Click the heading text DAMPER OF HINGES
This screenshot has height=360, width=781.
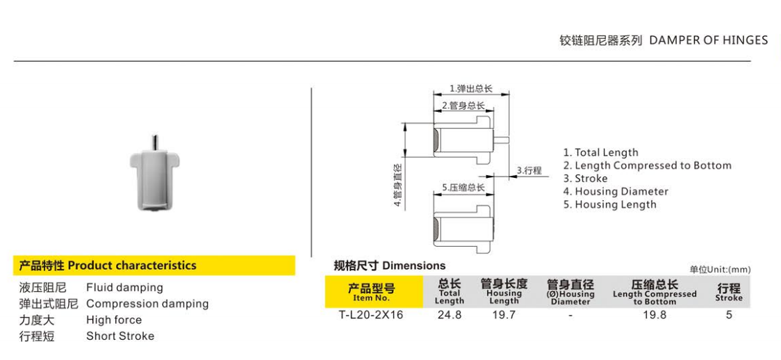coord(708,40)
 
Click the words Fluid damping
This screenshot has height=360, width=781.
coord(124,288)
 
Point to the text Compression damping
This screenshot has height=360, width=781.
coord(147,304)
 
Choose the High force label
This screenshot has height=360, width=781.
coord(114,320)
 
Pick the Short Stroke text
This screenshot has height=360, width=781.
coord(120,336)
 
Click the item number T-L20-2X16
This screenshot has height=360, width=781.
coord(371,315)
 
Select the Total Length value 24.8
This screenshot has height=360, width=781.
coord(450,315)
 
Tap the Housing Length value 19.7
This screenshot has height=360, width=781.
coord(504,315)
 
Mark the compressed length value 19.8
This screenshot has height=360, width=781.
coord(654,315)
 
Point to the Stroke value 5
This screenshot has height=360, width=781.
coord(729,315)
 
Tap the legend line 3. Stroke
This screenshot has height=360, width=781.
coord(585,179)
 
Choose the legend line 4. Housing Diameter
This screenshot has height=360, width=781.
coord(616,192)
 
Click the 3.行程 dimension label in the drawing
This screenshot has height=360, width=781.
coord(529,170)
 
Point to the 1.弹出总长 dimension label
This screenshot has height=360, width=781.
coord(470,88)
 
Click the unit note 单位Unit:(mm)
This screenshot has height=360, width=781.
coord(720,270)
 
